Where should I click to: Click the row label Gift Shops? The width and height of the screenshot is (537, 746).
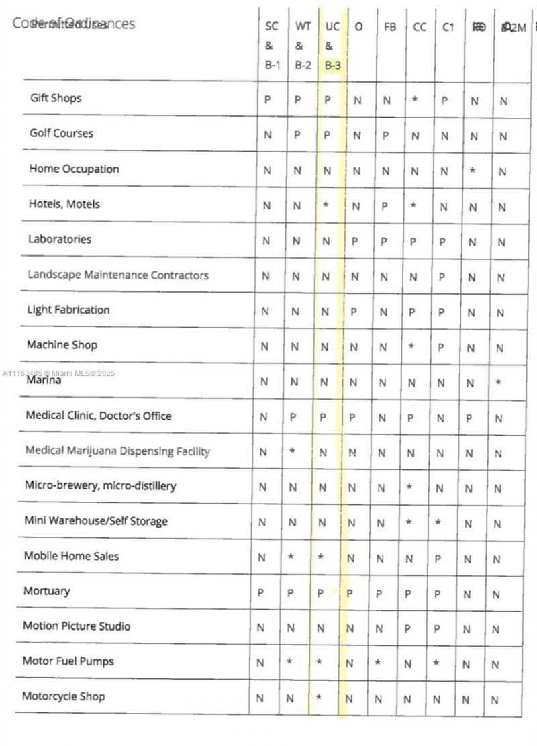(56, 98)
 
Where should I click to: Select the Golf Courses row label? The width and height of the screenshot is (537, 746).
(61, 133)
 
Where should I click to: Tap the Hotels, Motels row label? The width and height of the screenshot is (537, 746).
(64, 203)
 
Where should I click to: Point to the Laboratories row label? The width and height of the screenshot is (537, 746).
(60, 239)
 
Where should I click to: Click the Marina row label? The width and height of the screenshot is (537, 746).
(44, 381)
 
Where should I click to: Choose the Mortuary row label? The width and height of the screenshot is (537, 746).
(46, 591)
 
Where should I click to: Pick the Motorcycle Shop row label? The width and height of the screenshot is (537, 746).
(63, 696)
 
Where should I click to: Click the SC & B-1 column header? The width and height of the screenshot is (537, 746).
(272, 46)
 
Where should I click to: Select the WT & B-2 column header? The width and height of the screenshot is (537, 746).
(303, 46)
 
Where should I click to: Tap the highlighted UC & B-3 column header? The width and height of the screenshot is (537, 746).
(332, 46)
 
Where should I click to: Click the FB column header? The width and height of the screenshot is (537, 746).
(390, 27)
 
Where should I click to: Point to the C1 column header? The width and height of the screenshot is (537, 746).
(448, 27)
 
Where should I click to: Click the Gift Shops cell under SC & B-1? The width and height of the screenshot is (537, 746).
(267, 99)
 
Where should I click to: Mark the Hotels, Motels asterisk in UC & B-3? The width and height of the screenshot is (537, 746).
(326, 204)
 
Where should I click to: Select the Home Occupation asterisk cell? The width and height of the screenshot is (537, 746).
(473, 171)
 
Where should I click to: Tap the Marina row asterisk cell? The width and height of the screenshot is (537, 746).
(499, 382)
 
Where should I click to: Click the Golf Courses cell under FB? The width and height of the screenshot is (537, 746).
(385, 135)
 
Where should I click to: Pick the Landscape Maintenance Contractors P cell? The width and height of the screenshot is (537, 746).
(442, 276)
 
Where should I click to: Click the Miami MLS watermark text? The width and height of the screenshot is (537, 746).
(59, 373)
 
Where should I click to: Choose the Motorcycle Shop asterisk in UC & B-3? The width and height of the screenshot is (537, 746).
(319, 698)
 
